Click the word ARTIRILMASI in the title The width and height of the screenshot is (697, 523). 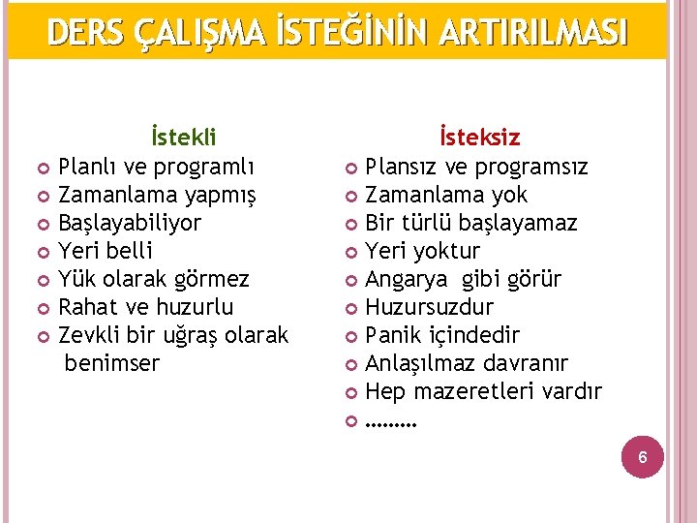532,32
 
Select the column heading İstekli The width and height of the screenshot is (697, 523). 183,138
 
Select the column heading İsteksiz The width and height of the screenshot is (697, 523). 479,138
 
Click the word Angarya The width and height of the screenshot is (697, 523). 406,280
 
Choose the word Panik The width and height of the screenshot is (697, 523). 394,336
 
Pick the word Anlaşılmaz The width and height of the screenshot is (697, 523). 418,364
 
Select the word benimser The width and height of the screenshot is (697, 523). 111,364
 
